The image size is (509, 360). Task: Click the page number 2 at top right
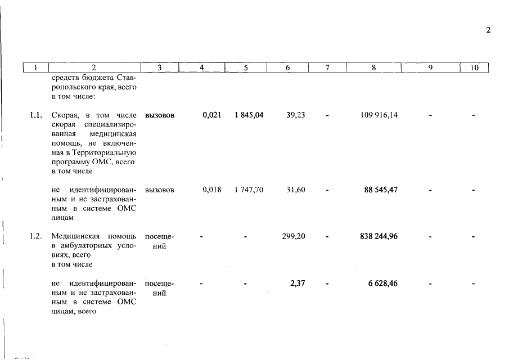coord(488,30)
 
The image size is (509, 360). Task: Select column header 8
coord(374,68)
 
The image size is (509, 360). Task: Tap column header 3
coord(160,68)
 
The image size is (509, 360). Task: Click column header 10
coord(474,68)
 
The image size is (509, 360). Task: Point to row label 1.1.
coord(36,115)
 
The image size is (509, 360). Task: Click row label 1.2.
coord(36,236)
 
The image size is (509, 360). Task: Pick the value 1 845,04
coord(249,115)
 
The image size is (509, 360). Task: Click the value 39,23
coord(295,115)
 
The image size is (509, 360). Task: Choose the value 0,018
coord(211,190)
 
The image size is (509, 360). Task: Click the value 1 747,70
coord(249,190)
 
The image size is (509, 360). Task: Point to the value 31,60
coord(295,190)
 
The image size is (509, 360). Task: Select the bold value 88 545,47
coord(379,190)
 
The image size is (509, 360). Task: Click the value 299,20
coord(294,236)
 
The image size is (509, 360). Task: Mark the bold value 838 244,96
coord(379,236)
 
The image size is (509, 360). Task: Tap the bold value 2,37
coord(298,283)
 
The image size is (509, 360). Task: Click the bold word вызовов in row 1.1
coord(160,115)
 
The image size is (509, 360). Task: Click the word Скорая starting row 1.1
coord(62,115)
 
